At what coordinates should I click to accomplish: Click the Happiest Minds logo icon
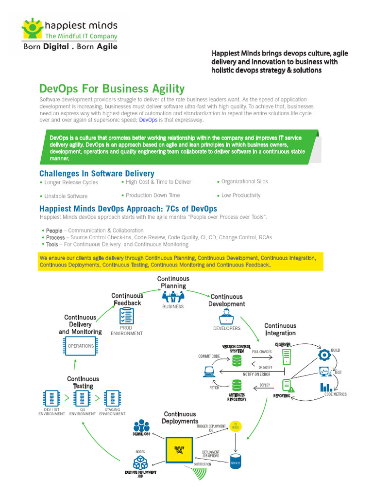tap(33, 29)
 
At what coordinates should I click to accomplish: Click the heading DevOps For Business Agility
tap(112, 89)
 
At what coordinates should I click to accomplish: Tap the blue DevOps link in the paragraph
tap(148, 120)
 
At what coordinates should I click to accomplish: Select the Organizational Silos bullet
tap(244, 181)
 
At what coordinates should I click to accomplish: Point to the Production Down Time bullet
tap(153, 195)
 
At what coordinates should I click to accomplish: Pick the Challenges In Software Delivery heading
tap(97, 174)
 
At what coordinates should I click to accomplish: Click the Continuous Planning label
tap(173, 283)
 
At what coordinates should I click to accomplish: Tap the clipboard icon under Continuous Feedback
tap(126, 317)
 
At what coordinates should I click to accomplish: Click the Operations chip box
tap(81, 346)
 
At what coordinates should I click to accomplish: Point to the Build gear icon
tap(324, 355)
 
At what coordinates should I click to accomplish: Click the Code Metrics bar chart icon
tap(326, 387)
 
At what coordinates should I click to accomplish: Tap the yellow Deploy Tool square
tap(179, 449)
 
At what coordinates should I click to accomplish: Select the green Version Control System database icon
tap(237, 360)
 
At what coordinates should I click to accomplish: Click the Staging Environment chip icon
tap(112, 398)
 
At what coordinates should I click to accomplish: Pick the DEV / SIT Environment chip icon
tap(51, 398)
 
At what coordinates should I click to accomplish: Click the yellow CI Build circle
tap(235, 426)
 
